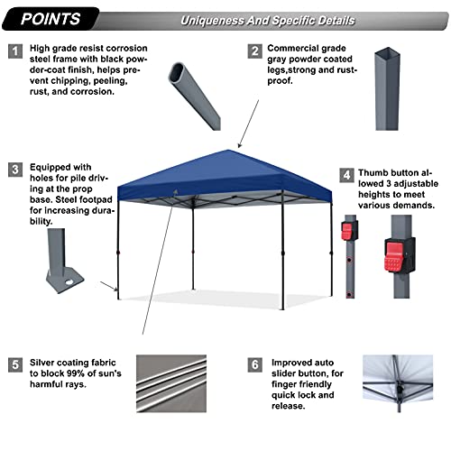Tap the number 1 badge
click(15, 51)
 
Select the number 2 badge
click(255, 51)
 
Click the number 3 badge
click(15, 169)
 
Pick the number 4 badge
click(346, 174)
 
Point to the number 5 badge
click(15, 365)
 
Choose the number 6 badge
click(255, 365)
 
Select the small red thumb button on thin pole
click(346, 231)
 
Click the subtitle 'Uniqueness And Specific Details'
click(267, 20)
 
